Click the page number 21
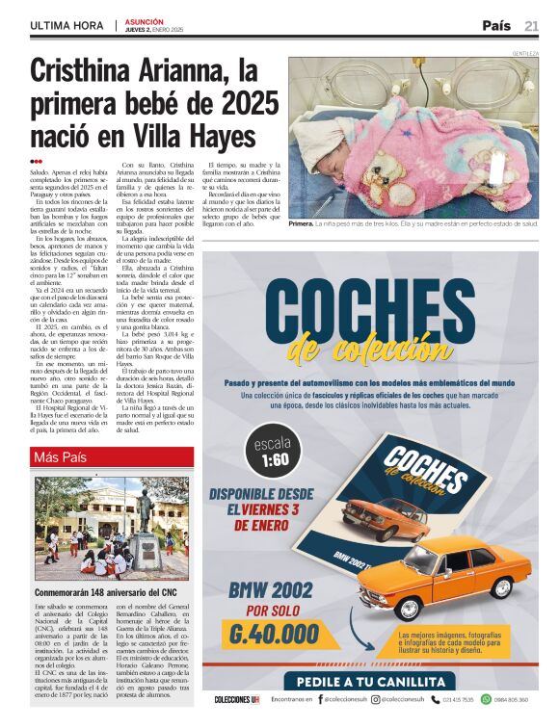(531, 25)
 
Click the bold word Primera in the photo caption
(301, 222)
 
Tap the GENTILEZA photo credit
(525, 53)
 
